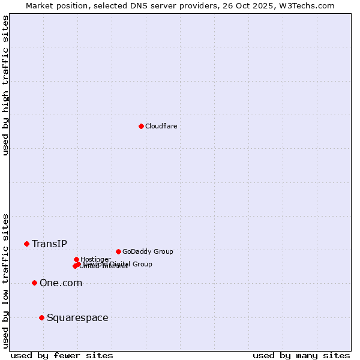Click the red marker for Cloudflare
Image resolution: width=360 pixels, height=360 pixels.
141,126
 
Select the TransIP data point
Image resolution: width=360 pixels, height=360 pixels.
26,244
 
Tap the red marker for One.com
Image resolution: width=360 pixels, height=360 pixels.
34,283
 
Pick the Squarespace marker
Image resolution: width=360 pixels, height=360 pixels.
41,317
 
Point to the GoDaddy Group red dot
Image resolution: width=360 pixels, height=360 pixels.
118,251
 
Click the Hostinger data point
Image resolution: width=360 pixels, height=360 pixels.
76,259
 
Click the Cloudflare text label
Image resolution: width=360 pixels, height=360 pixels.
161,126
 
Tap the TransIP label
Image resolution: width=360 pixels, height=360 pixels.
49,244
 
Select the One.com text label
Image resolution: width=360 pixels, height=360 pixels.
61,283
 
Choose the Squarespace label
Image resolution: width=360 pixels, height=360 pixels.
77,317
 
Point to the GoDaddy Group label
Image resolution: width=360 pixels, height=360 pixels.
148,251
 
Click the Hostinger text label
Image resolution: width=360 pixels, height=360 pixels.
95,259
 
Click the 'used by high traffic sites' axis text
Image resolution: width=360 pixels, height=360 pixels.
6,85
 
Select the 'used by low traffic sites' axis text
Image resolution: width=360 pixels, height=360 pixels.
6,281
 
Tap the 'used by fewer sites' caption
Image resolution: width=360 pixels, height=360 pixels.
62,355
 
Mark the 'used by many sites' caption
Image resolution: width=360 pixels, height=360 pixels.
301,355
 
